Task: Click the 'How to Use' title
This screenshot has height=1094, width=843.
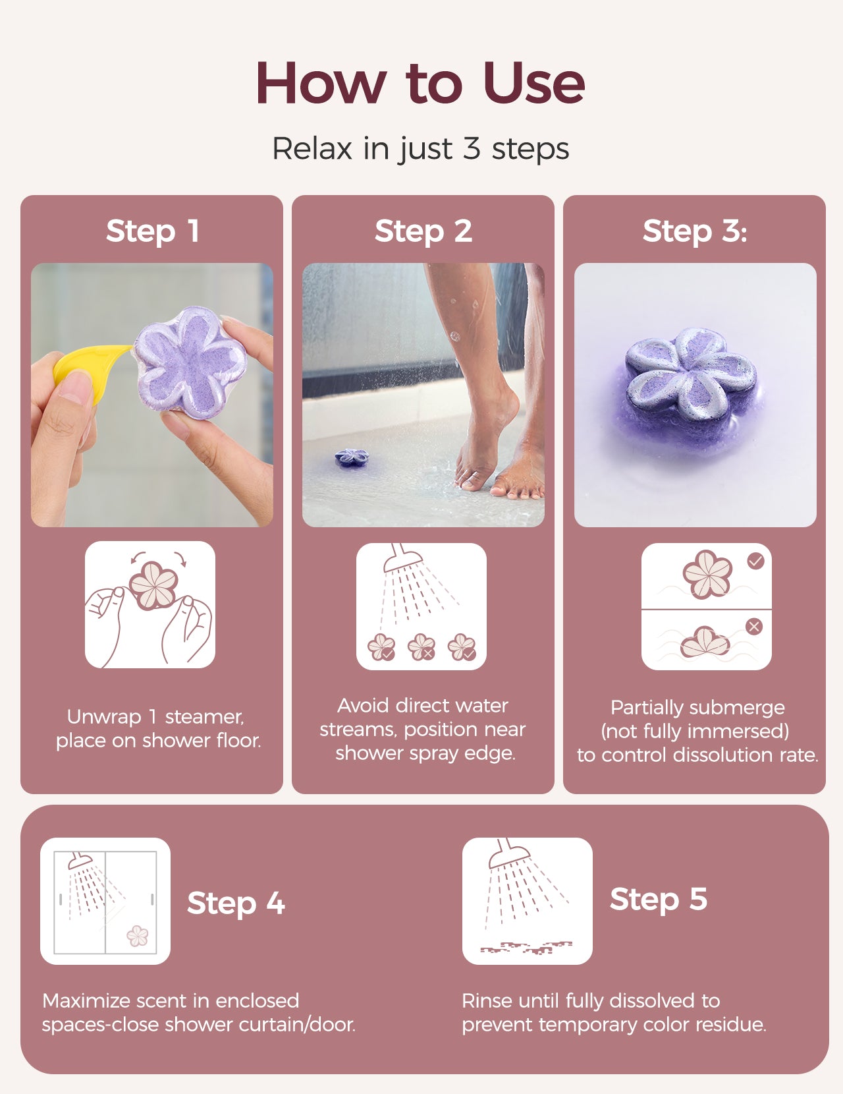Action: pos(420,83)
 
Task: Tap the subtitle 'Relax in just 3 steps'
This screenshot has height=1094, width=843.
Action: pos(420,149)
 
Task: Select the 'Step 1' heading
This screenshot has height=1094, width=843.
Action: pos(152,231)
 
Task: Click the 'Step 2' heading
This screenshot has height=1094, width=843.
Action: pos(423,231)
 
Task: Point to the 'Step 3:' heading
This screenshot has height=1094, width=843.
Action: pos(695,231)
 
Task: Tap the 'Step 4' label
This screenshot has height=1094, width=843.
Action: pos(236,903)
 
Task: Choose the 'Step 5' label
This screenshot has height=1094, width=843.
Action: pos(659,899)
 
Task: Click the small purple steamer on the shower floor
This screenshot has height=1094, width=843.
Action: pos(352,457)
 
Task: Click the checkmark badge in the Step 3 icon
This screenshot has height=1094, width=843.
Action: pos(755,560)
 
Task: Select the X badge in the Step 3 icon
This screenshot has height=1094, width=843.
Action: pos(753,627)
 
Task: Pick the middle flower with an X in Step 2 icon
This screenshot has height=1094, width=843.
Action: pos(421,647)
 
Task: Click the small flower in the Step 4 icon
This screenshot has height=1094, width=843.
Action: pos(137,936)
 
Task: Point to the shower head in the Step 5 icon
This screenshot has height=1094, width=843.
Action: pos(508,853)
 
